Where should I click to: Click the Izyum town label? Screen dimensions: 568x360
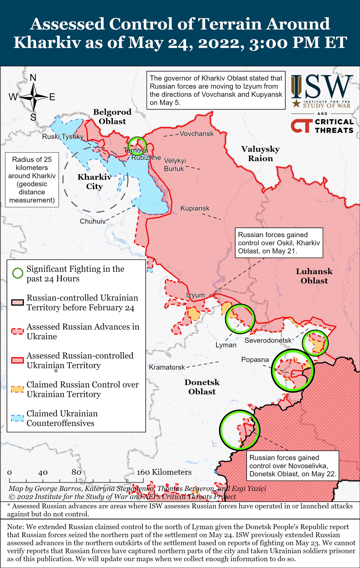click(195, 295)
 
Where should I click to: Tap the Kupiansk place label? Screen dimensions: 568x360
click(195, 208)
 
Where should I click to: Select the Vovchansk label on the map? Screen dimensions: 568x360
click(196, 134)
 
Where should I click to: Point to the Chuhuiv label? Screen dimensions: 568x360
click(93, 221)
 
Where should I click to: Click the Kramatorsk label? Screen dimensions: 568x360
click(167, 367)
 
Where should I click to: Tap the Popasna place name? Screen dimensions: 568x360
click(255, 360)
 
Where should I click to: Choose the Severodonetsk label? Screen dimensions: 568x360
click(268, 340)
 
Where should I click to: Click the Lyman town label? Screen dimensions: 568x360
click(226, 345)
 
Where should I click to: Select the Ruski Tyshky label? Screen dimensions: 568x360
click(63, 136)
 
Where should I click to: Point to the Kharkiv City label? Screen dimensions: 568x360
click(94, 182)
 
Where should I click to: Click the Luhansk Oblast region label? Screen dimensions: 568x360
click(314, 276)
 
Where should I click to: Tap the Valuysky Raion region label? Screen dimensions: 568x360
click(260, 154)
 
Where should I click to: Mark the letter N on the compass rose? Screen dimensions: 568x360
click(33, 78)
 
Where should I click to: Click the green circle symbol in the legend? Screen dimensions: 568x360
click(18, 273)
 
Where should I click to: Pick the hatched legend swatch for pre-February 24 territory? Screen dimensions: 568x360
click(17, 302)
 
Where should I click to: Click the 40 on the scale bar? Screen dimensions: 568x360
click(43, 473)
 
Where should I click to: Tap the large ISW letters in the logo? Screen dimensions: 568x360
click(322, 87)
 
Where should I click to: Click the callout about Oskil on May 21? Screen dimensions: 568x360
click(279, 243)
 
